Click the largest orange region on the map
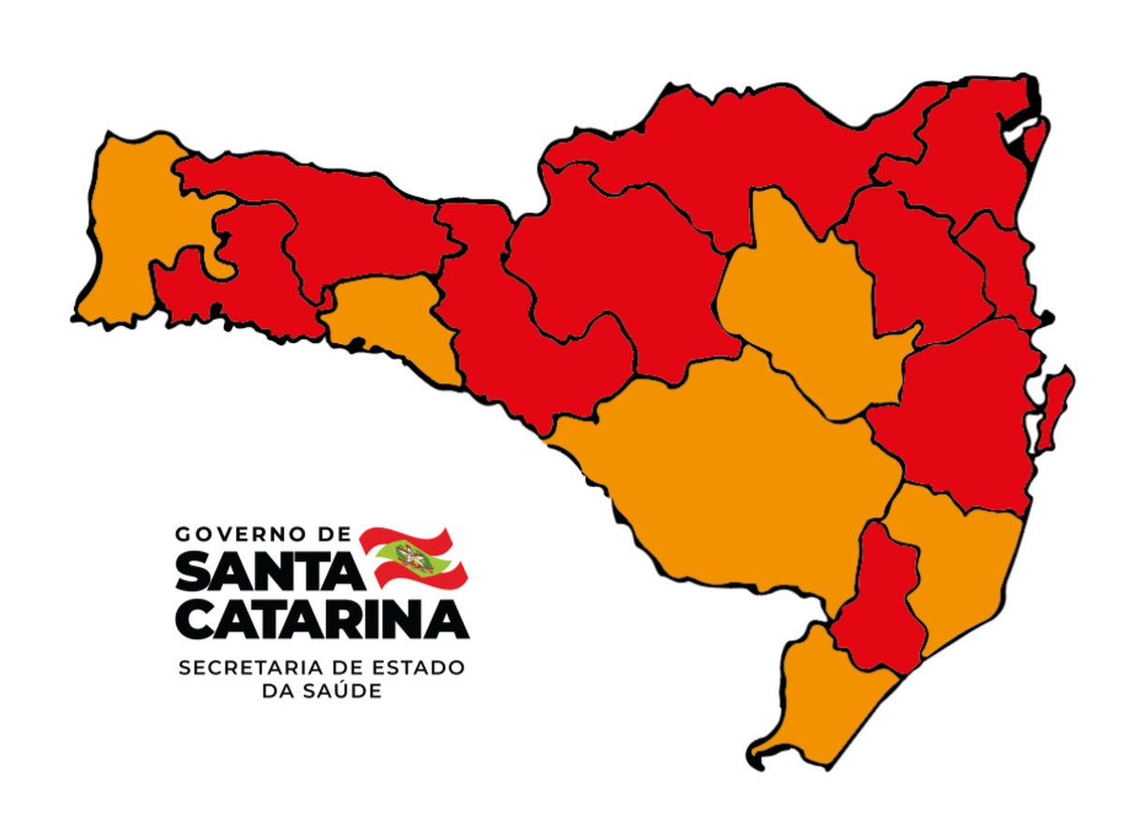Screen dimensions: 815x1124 731,468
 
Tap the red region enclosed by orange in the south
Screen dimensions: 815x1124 876,600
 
